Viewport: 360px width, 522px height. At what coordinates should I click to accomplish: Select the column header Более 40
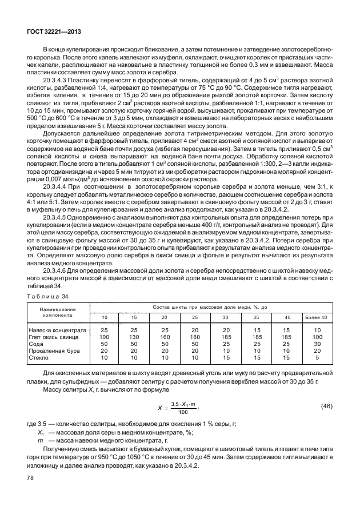click(317, 317)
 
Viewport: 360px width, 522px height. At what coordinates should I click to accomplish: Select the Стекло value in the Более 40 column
click(317, 358)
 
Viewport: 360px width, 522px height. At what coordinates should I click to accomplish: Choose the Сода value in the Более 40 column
click(317, 344)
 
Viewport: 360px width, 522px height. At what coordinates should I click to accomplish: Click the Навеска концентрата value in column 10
click(104, 330)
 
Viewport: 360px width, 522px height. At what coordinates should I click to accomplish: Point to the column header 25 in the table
click(195, 317)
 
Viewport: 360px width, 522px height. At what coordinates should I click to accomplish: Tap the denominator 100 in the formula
click(182, 412)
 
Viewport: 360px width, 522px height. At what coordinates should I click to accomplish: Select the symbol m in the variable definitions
click(39, 441)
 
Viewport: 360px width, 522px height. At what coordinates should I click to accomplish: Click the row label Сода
click(35, 344)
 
